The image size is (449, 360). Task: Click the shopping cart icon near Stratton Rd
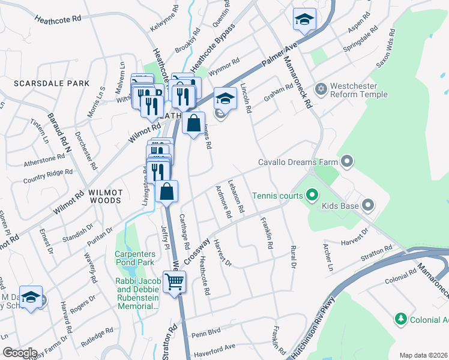coord(174,281)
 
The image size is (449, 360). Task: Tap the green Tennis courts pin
coord(312,195)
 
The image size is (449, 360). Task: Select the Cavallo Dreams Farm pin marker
coord(347,161)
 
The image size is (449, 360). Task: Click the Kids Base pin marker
coord(369,206)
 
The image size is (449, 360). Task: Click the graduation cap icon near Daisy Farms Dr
coord(31,297)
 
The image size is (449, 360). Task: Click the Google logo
coord(20,352)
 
